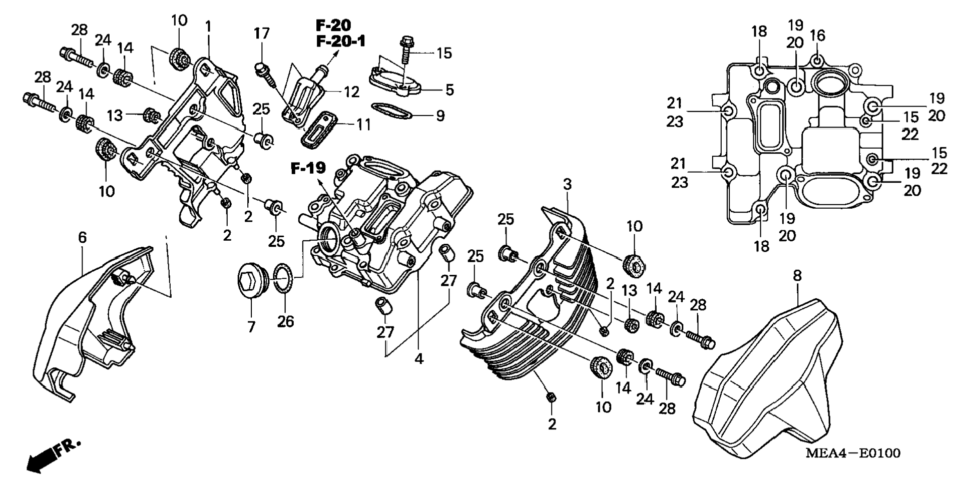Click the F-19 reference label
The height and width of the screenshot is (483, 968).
coord(308,169)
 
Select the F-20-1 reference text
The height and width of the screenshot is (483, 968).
coord(340,41)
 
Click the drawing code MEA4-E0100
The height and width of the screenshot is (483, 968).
coord(853,453)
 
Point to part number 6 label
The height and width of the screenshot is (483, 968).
coord(83,238)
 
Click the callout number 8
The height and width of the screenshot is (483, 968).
coord(797,276)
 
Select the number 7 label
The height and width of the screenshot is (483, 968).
coord(251,327)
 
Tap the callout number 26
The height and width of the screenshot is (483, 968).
coord(286,321)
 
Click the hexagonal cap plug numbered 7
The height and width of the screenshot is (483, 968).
coord(253,282)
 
